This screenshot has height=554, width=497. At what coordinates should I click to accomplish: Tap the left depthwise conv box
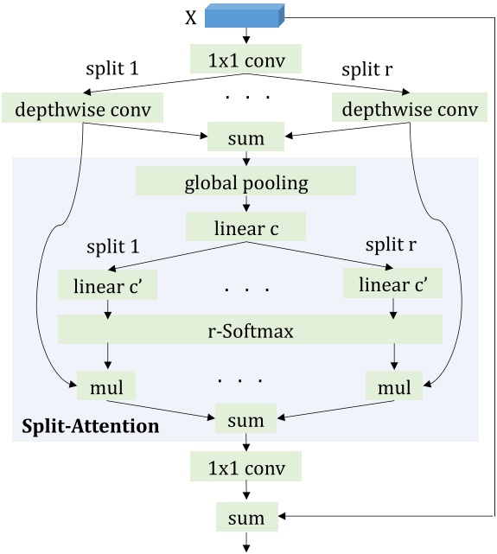coord(83,109)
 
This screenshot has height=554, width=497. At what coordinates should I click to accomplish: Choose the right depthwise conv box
coord(411,109)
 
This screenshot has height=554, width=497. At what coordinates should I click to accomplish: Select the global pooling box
coord(246,183)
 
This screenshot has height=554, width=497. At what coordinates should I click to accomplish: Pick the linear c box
coord(246,229)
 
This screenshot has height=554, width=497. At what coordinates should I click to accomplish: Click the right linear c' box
coord(393,283)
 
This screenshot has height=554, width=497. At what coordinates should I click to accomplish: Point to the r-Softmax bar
coord(250,328)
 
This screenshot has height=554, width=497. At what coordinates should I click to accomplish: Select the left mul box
coord(107,386)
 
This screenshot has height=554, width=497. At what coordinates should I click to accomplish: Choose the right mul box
coord(393,386)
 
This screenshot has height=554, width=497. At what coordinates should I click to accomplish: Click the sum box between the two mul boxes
coord(247,419)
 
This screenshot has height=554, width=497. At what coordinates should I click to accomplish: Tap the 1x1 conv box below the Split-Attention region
coord(247,469)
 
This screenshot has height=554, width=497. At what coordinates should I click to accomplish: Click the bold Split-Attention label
coord(91,426)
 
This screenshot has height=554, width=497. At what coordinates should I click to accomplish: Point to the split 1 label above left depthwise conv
coord(112,67)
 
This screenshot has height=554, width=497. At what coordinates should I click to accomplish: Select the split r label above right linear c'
coord(390,245)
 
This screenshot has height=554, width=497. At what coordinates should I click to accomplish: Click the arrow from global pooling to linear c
coord(246,206)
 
